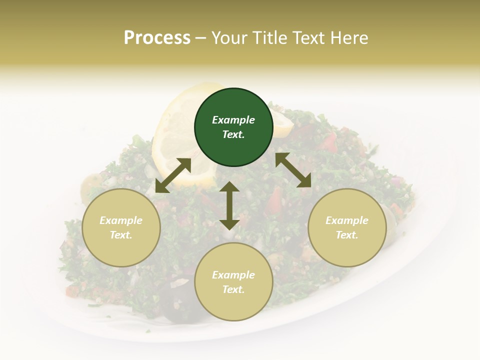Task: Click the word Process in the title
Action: coord(157,38)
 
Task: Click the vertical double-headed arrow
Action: coord(229,205)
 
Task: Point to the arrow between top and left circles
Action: coord(173,175)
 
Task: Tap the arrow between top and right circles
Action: coord(293,170)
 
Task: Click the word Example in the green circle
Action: coord(233,120)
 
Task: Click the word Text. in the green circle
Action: coord(233,134)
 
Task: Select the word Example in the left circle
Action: coord(121,220)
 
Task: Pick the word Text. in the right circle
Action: coord(347,235)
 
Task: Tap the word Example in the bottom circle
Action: coord(233,275)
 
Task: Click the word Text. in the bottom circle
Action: coord(233,289)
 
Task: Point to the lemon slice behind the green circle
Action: coord(172,135)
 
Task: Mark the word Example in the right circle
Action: coord(347,220)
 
